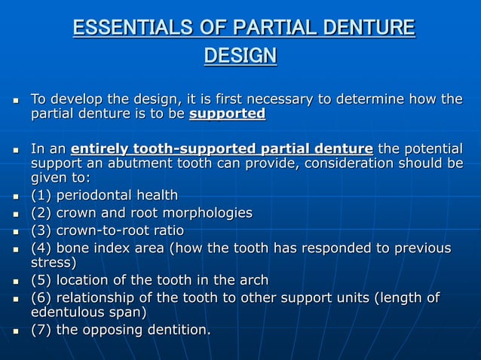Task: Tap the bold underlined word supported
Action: point(227,114)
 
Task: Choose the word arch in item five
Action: point(253,280)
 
